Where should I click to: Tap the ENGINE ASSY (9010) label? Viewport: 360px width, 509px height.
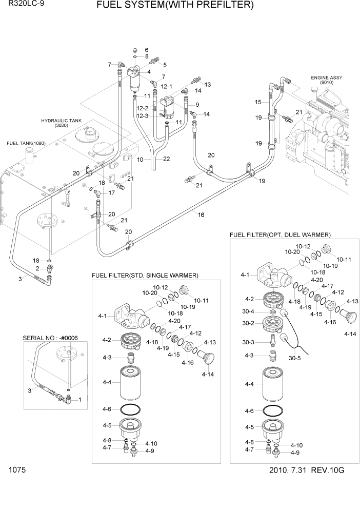[326, 80]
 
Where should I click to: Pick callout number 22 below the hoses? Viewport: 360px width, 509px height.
[166, 159]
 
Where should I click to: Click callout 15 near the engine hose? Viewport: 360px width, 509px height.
[258, 102]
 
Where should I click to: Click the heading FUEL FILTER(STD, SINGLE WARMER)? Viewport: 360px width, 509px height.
[145, 276]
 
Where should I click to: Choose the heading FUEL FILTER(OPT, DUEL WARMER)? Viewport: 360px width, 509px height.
[280, 234]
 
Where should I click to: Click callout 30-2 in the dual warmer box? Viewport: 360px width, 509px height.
[249, 324]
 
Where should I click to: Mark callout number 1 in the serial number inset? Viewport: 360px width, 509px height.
[79, 399]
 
